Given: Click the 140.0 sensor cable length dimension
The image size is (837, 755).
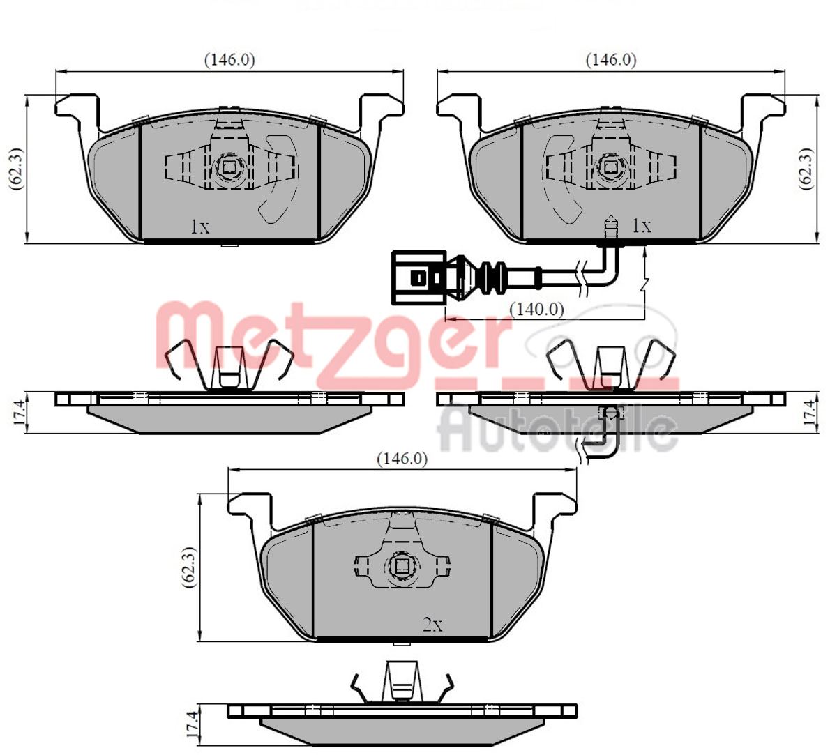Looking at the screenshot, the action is [x=536, y=310].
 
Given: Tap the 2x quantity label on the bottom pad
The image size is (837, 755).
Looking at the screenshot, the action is [x=432, y=625].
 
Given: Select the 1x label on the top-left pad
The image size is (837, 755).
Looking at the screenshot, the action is [x=200, y=227].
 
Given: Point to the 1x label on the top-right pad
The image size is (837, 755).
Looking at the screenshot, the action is [x=642, y=226].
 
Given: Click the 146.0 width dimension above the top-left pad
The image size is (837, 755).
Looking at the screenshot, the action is [x=229, y=60].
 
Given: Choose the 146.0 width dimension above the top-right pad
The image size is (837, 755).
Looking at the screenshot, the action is [x=611, y=60].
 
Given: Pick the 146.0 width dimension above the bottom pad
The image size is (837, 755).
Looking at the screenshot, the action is [x=402, y=459].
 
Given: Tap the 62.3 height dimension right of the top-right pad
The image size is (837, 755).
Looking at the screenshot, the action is [x=806, y=169].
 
